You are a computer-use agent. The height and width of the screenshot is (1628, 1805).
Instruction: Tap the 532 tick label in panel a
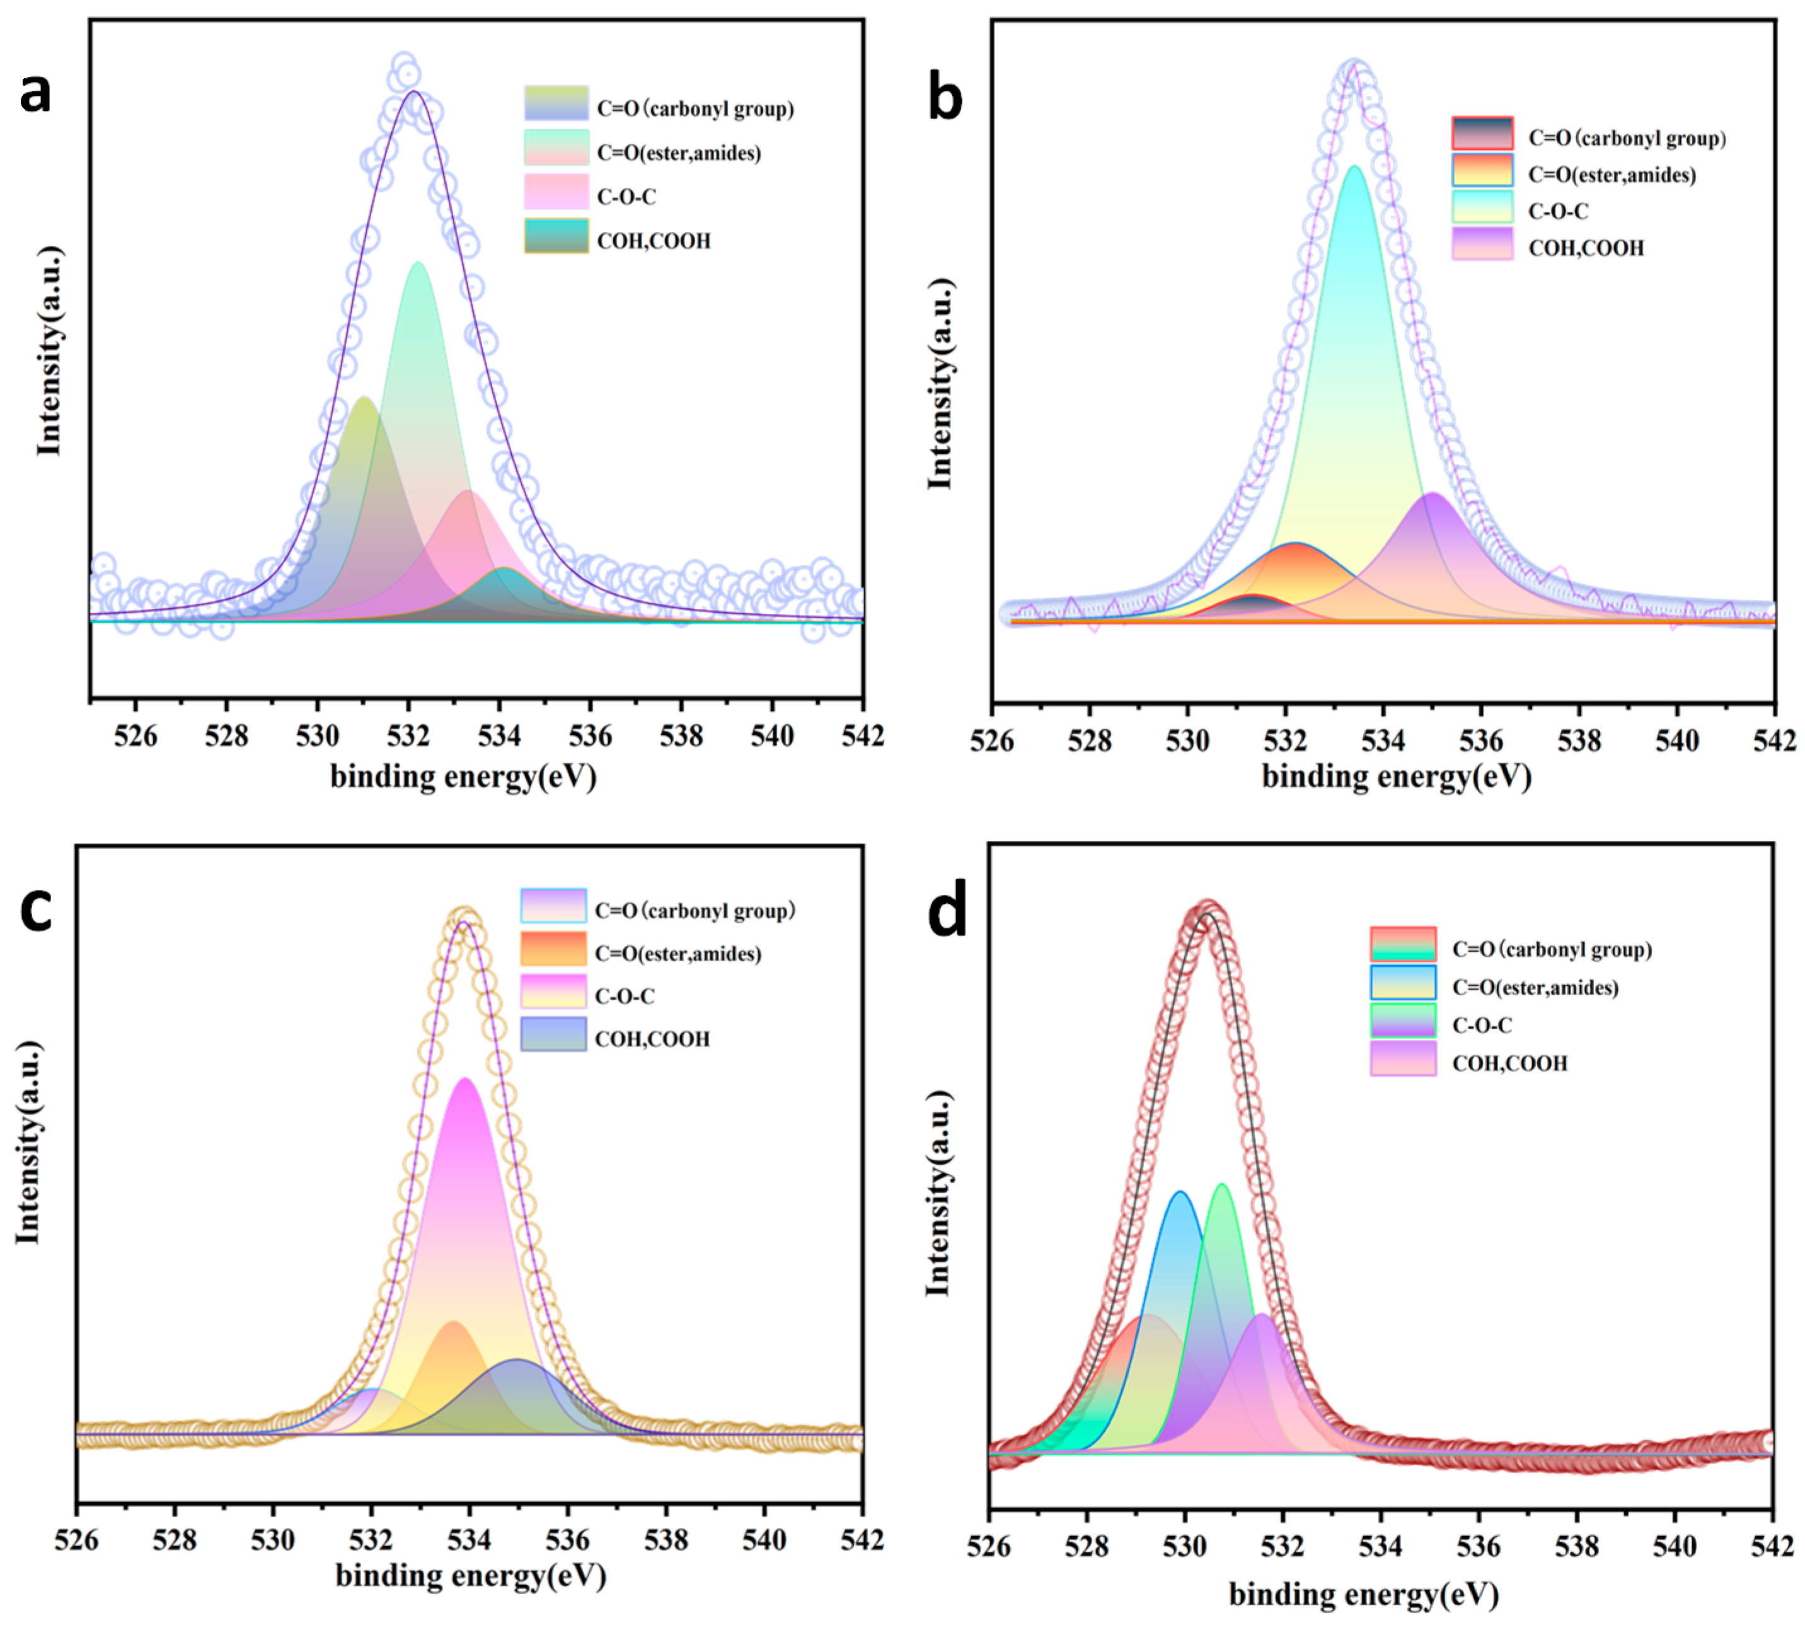pos(409,736)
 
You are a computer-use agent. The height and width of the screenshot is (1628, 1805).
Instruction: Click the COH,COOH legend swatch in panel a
pos(556,236)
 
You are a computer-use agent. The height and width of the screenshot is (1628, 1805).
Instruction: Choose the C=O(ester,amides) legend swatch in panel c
pos(553,949)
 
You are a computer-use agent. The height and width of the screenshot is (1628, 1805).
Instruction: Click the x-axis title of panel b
pos(1395,776)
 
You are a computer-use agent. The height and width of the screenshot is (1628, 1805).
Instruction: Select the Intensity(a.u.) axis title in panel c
pos(28,1143)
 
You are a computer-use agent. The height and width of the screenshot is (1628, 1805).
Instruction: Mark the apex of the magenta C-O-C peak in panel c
pos(464,1080)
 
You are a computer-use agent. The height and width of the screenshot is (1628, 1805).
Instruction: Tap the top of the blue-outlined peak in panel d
pos(1180,1192)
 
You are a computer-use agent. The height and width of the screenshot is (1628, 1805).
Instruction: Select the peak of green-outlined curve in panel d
pos(1222,1185)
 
